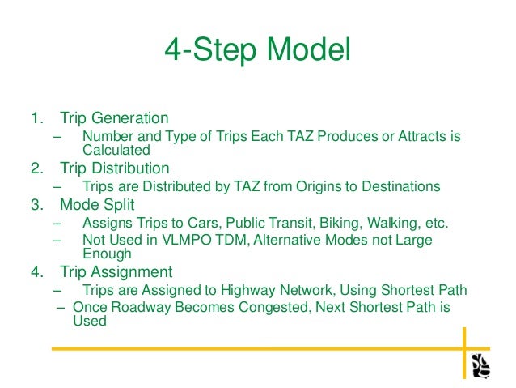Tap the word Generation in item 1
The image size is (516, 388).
[131, 119]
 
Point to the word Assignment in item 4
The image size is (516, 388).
[133, 272]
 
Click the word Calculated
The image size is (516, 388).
[116, 150]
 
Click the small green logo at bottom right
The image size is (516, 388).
[480, 365]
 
